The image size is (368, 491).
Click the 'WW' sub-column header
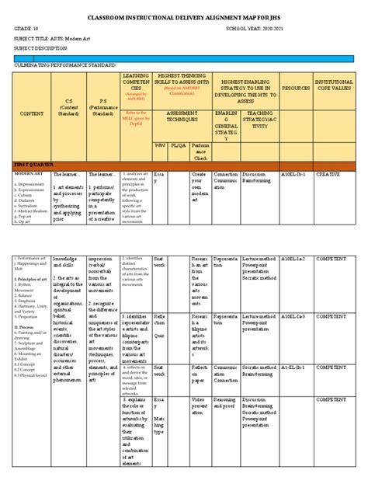[x=159, y=145]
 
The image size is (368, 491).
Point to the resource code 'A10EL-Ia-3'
[x=290, y=317]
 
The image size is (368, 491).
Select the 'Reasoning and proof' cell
[x=226, y=403]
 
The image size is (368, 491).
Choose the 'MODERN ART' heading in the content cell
[x=27, y=175]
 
